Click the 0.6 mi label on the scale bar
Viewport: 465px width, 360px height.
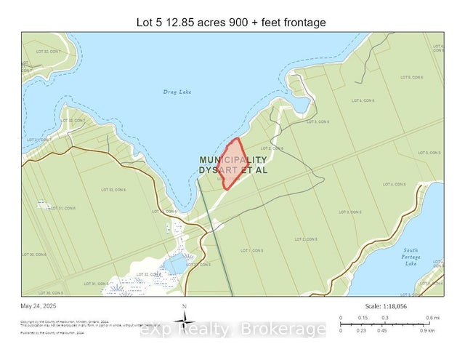(432, 318)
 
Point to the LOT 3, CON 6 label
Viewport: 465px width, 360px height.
(318, 121)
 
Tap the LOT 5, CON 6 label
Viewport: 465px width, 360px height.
(411, 77)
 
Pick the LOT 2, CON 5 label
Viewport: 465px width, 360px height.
(305, 239)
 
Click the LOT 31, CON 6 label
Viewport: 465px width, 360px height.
(63, 208)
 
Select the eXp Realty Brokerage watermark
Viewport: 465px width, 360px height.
(232, 330)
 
